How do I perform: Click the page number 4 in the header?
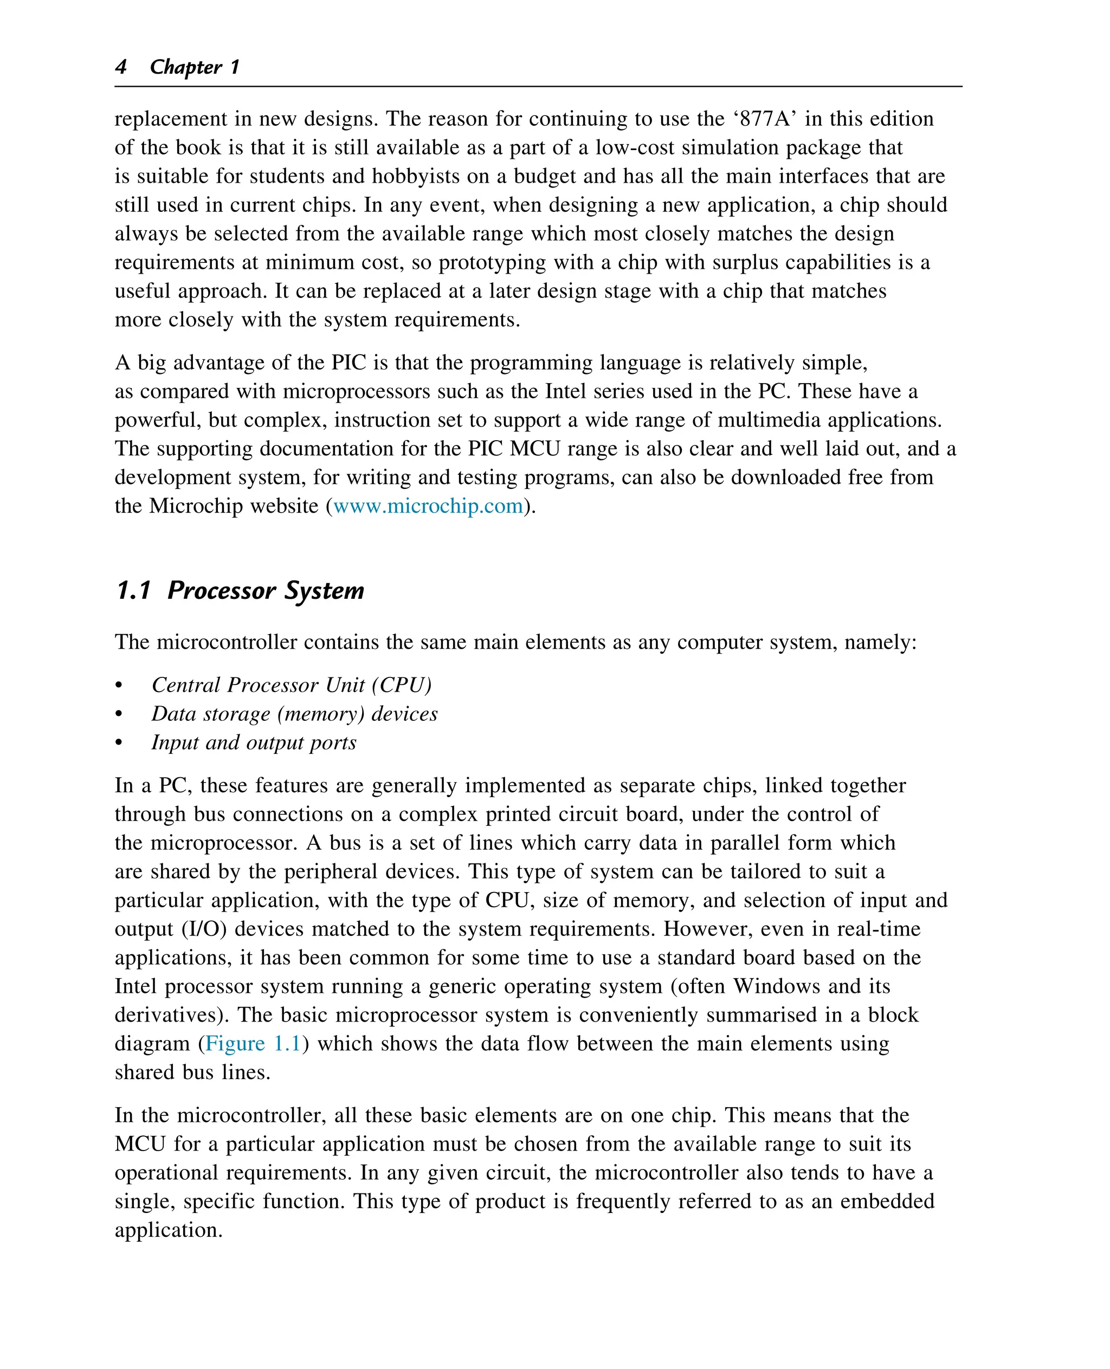tap(121, 67)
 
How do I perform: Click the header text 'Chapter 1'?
tap(195, 67)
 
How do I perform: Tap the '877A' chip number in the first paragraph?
tap(765, 119)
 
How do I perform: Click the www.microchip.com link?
tap(428, 506)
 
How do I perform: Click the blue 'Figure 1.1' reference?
tap(253, 1043)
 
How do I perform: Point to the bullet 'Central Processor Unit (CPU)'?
tap(292, 685)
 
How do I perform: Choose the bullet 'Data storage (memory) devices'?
tap(294, 714)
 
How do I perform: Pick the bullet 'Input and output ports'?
tap(254, 742)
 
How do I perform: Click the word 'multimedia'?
tap(768, 420)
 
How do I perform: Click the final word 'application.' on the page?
tap(169, 1230)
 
